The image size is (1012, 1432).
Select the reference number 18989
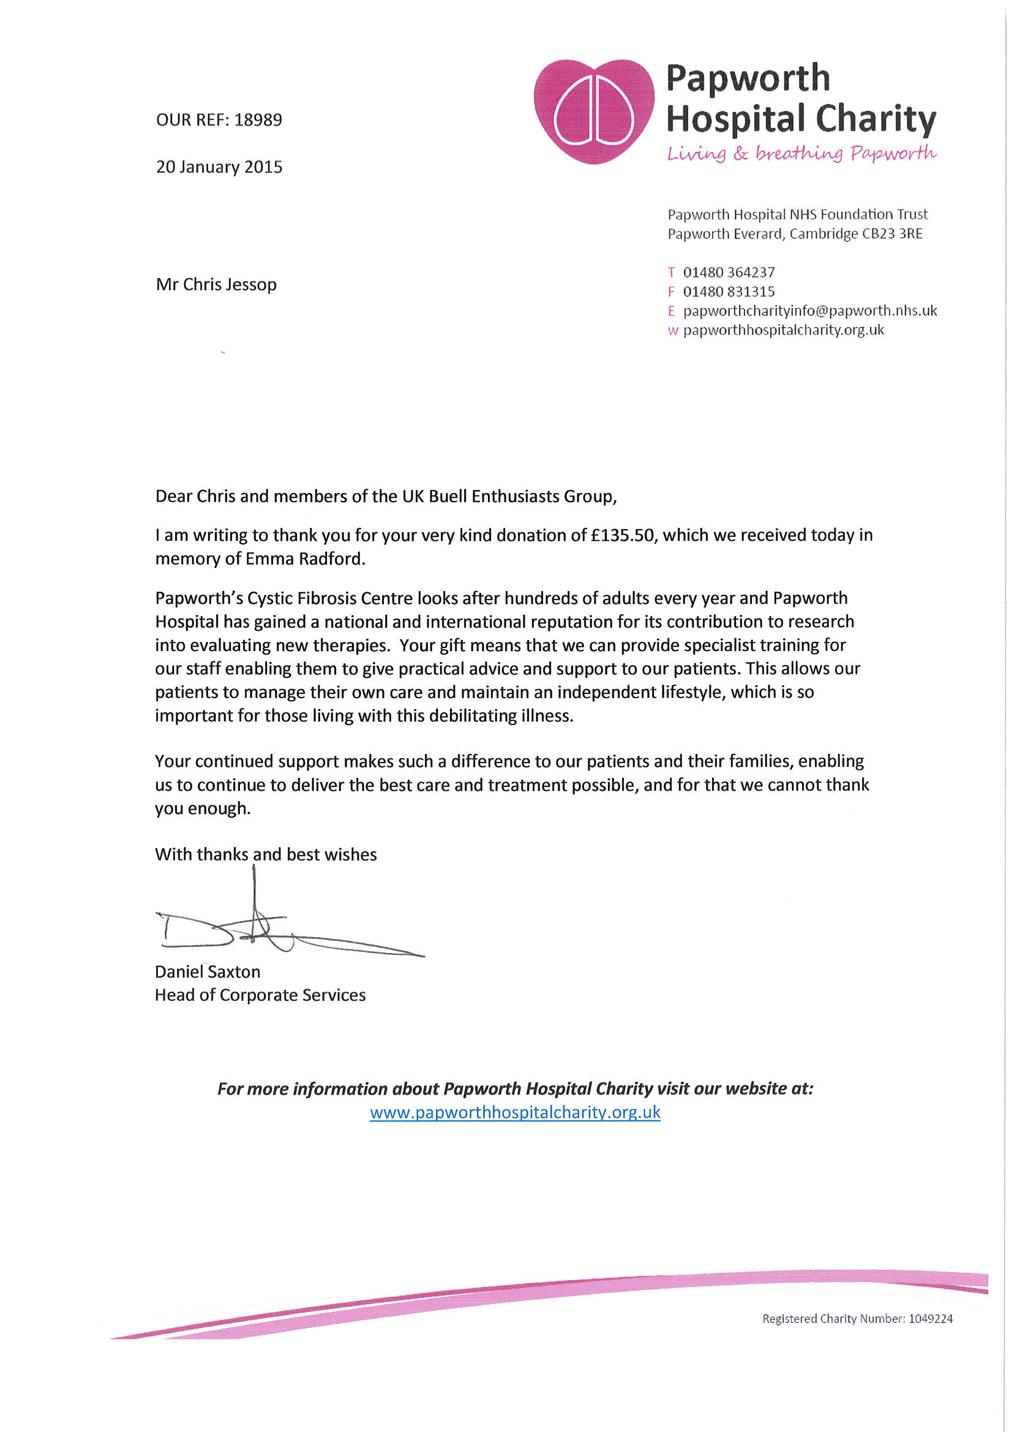pos(258,120)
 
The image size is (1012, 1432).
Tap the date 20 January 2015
pos(219,167)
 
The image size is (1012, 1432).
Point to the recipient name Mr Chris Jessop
pos(216,284)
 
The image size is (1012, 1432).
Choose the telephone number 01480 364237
pos(729,273)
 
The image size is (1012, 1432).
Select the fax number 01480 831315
pos(729,292)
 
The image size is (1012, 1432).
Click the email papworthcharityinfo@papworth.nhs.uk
pos(809,311)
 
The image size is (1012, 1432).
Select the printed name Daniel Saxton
pos(208,971)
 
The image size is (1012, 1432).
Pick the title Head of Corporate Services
pos(260,995)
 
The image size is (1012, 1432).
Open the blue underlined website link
pos(514,1112)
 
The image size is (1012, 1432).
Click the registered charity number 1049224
pos(930,1319)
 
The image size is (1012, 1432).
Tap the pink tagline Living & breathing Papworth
pos(801,153)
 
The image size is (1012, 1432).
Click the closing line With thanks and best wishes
pos(266,854)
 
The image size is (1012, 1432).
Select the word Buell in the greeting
pos(447,497)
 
